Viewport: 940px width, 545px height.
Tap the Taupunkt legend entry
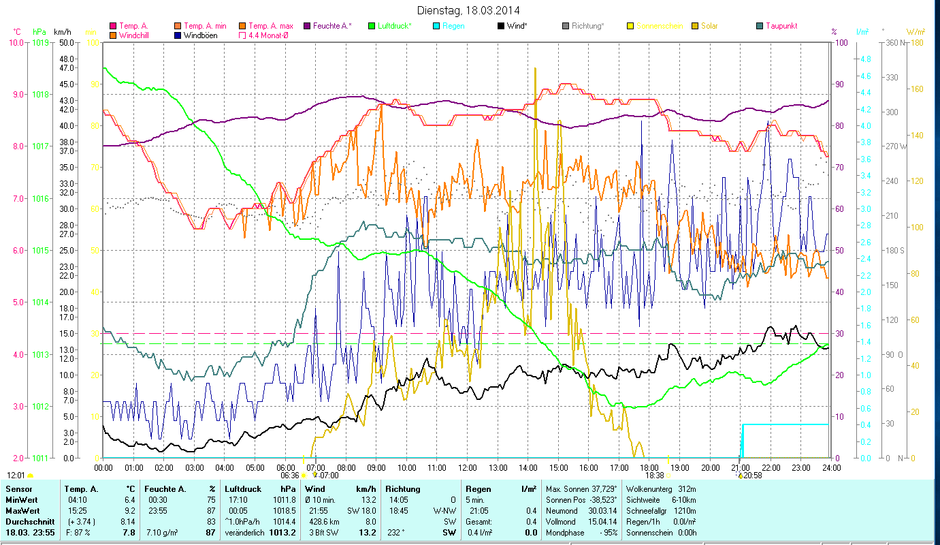781,26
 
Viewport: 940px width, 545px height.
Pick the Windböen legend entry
200,35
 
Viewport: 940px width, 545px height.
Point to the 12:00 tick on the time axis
467,468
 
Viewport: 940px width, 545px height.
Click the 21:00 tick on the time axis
740,468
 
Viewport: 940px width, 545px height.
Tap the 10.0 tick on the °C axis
15,42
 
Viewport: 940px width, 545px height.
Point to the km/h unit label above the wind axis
62,31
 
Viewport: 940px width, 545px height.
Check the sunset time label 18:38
654,476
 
